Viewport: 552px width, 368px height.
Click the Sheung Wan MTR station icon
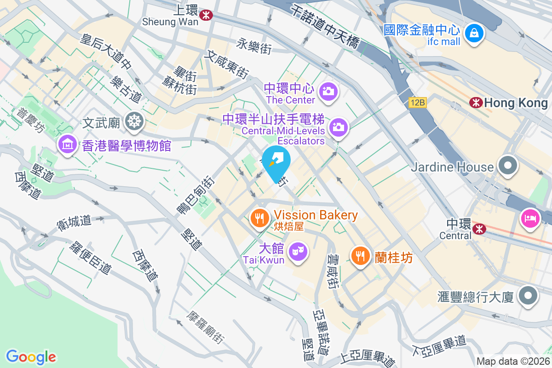click(206, 15)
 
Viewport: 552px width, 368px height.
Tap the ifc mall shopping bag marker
click(472, 33)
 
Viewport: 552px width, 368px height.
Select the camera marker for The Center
click(328, 91)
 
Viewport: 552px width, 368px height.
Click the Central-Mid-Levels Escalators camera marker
click(338, 126)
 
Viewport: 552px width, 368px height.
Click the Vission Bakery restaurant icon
click(260, 217)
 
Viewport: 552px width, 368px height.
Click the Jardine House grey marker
click(508, 167)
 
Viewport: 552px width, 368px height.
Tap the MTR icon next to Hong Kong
click(476, 103)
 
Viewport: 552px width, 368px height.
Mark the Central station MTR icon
click(479, 227)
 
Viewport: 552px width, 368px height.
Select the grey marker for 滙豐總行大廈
click(528, 296)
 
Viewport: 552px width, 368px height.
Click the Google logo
click(31, 356)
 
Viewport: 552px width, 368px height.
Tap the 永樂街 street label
click(254, 46)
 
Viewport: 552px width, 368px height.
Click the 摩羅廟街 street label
click(205, 328)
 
